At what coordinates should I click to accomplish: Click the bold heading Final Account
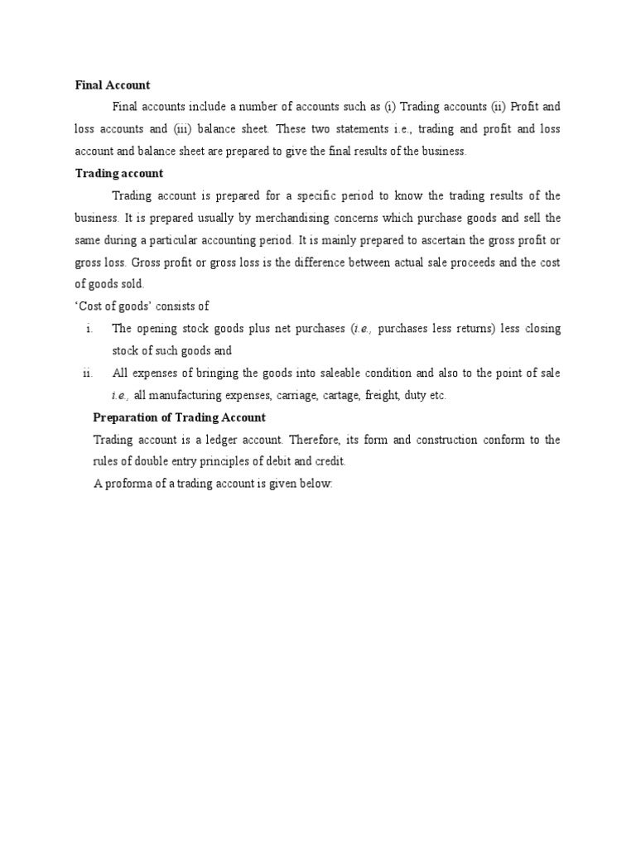pos(112,84)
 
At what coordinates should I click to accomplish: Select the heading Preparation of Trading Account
pos(179,417)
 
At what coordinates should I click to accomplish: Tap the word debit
pos(275,461)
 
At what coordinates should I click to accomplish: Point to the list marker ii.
pos(88,373)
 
